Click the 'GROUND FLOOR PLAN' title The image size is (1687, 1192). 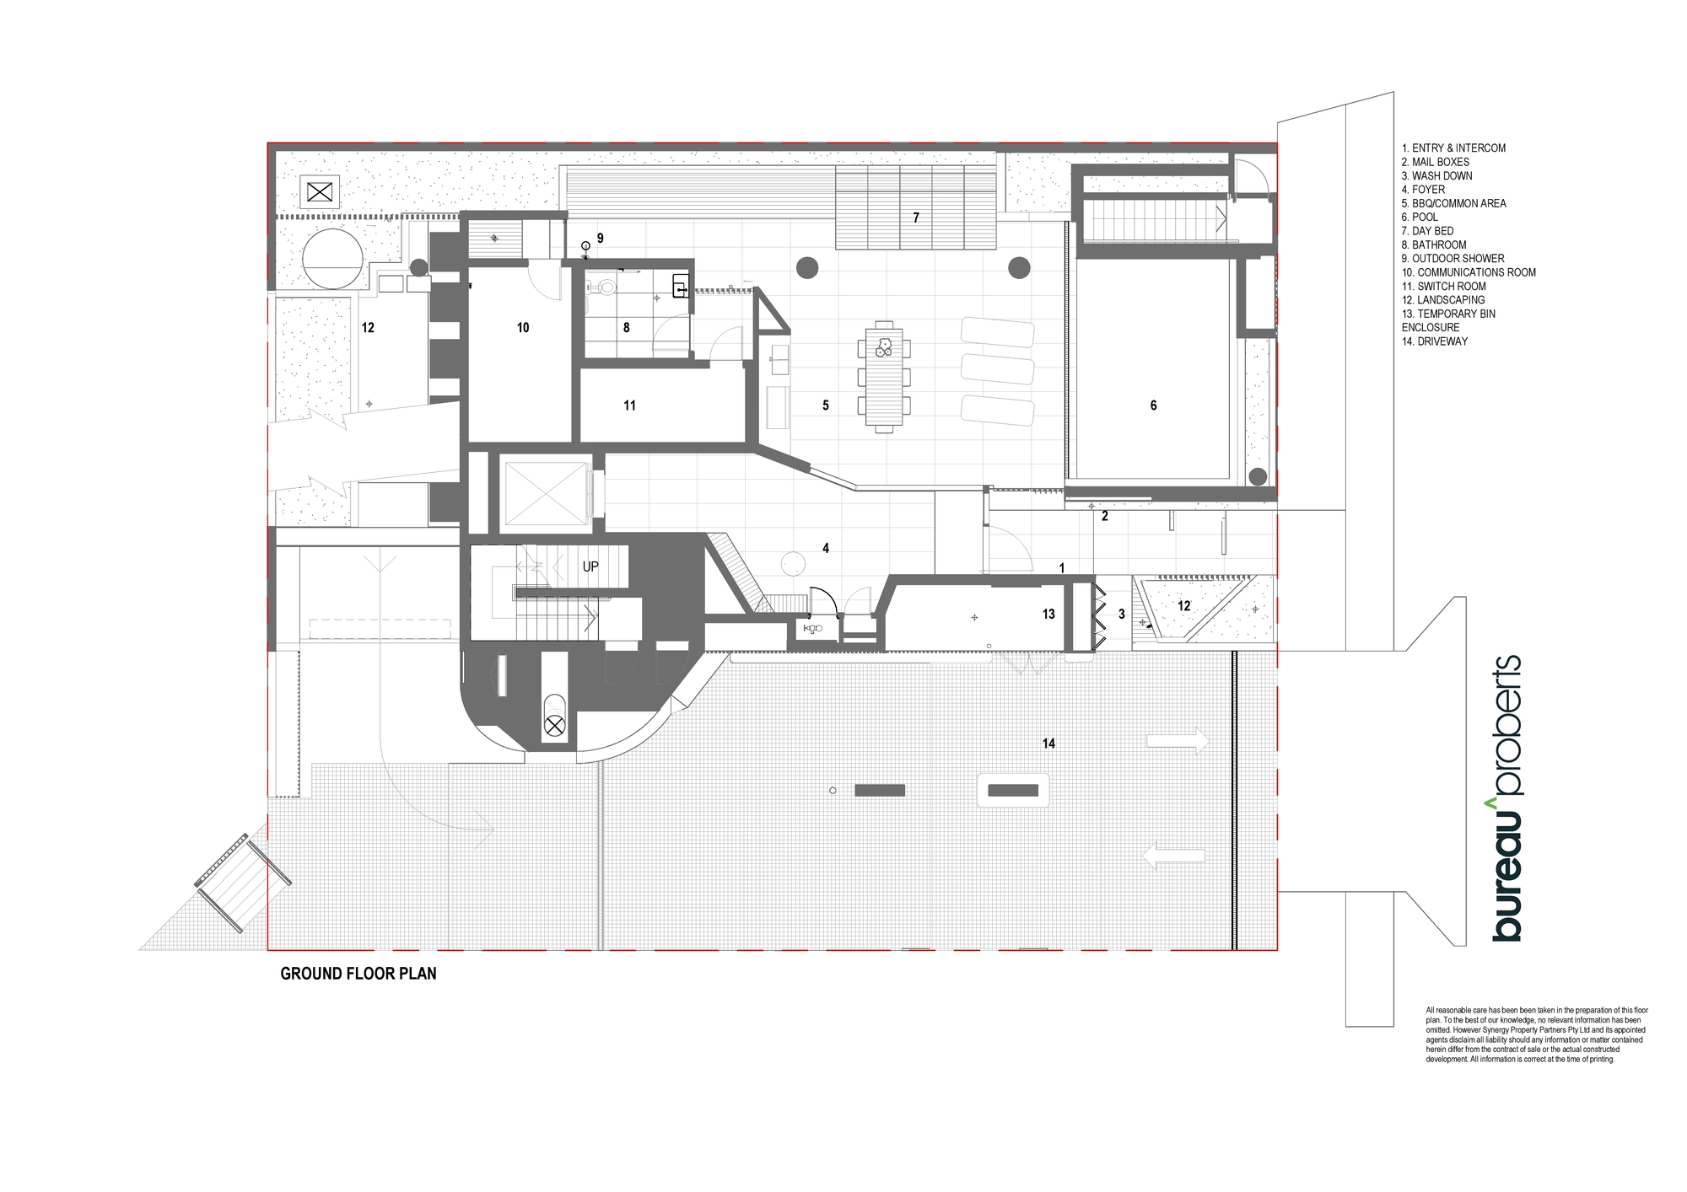pos(358,974)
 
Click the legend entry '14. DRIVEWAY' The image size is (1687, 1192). pos(1435,341)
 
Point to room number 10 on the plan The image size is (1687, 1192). pos(523,328)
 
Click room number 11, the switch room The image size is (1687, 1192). pos(629,405)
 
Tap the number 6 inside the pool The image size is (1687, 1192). pos(1153,405)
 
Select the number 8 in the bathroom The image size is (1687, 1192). pos(626,328)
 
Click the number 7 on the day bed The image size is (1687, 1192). pos(916,217)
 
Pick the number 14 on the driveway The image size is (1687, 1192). pos(1048,744)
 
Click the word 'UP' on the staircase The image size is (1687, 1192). pos(590,566)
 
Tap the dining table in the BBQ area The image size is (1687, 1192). pos(884,377)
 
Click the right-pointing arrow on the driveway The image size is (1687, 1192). pos(1178,742)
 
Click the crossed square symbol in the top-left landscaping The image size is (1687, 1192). pos(321,193)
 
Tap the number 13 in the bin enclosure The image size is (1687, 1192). pos(1048,615)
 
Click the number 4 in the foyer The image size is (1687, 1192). pos(826,548)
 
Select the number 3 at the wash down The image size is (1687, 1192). pos(1122,615)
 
